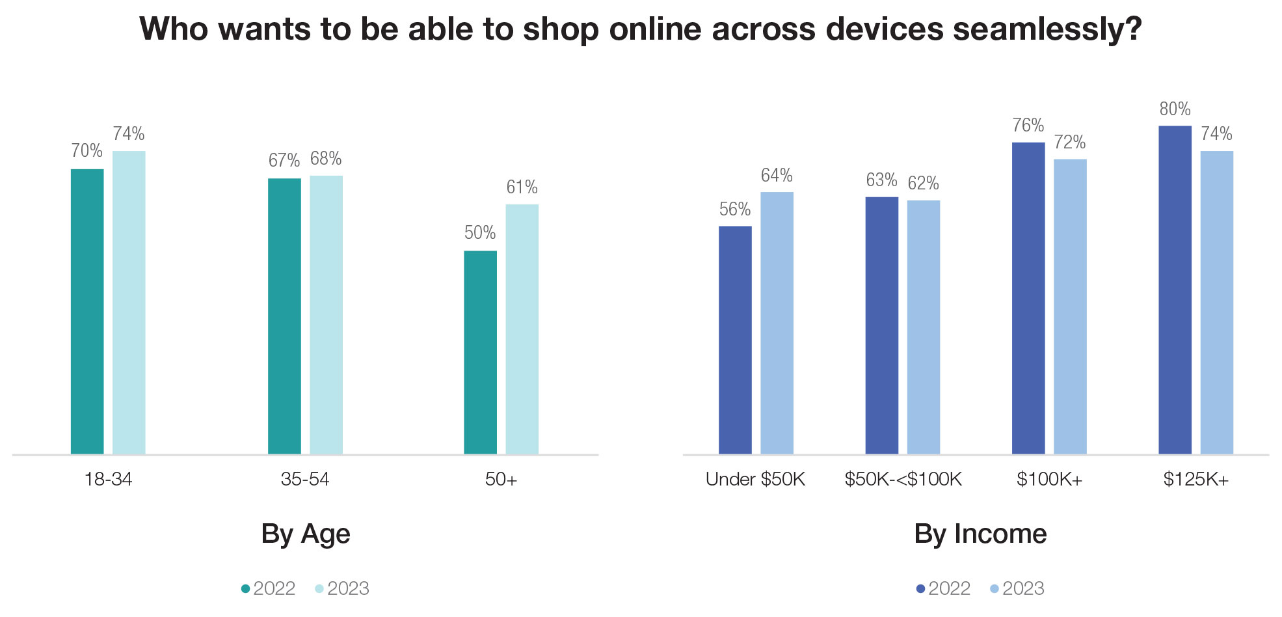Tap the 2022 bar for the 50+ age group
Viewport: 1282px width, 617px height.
pos(480,352)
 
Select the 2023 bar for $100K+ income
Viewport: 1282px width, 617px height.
pos(1070,307)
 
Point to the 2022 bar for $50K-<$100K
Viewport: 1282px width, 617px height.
pos(881,325)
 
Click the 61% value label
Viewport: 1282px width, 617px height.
pos(522,187)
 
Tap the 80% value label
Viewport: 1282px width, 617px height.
pos(1175,109)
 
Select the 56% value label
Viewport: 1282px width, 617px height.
pos(735,210)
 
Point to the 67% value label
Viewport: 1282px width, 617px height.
pos(284,161)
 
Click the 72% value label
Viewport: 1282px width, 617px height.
pos(1070,143)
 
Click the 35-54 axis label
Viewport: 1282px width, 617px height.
pos(305,480)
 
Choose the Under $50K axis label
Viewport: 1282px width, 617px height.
pos(755,480)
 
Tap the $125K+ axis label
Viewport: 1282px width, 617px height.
pos(1195,480)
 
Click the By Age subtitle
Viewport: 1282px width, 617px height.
pos(306,534)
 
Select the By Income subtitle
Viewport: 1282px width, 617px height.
pos(980,534)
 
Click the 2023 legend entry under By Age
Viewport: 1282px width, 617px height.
pos(342,588)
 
